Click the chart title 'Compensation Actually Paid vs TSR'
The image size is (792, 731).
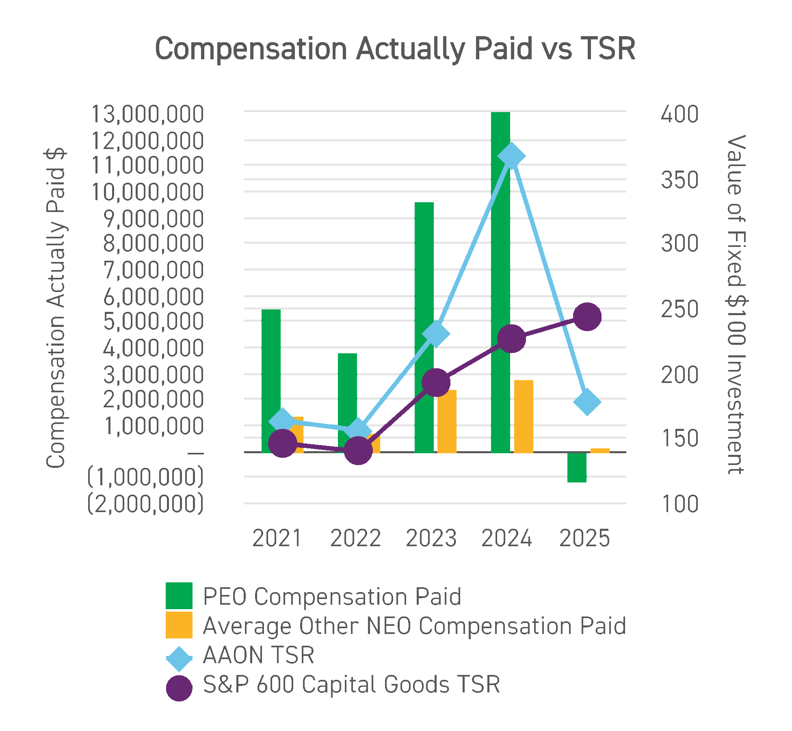point(395,49)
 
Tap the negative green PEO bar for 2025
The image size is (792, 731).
point(577,467)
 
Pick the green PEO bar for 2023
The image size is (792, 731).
point(424,284)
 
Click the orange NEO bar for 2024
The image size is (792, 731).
point(524,416)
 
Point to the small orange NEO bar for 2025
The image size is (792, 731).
point(600,450)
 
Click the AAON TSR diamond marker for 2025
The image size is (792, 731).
point(587,402)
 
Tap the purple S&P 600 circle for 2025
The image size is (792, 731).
point(587,317)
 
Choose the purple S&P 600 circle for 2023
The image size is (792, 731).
point(436,383)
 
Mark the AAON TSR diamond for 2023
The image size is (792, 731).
point(436,334)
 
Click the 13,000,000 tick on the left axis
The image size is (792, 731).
point(147,114)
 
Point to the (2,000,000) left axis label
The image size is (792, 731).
point(145,504)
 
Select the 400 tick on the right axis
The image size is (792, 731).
point(679,114)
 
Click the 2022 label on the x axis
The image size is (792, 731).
point(355,539)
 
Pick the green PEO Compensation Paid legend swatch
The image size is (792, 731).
point(179,596)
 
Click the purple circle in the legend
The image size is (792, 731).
point(179,688)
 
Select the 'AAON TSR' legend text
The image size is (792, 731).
point(259,655)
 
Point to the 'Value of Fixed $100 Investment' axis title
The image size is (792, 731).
point(736,305)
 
